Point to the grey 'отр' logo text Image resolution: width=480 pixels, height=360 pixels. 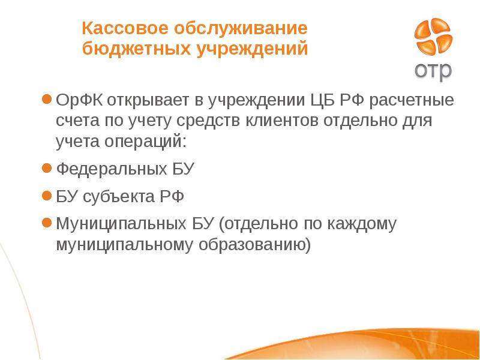(x=433, y=71)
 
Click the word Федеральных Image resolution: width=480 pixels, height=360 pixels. (x=108, y=169)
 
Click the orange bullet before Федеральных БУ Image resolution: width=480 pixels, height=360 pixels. (x=46, y=169)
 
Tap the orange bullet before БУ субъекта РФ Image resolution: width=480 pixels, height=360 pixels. (x=46, y=196)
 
